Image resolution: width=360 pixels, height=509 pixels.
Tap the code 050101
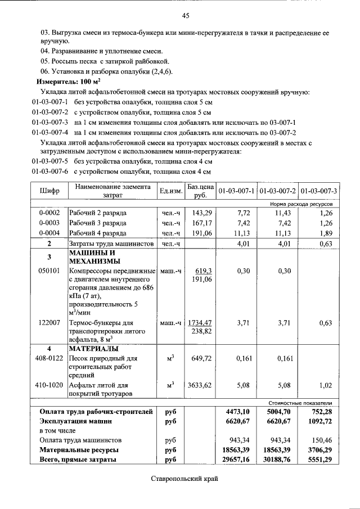click(x=49, y=271)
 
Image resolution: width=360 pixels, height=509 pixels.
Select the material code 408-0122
click(x=49, y=358)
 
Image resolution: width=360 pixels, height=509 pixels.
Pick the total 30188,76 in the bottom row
click(x=278, y=460)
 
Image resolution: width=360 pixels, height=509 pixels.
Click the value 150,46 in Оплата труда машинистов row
click(x=321, y=440)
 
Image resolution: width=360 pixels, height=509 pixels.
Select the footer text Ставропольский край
click(x=184, y=479)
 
